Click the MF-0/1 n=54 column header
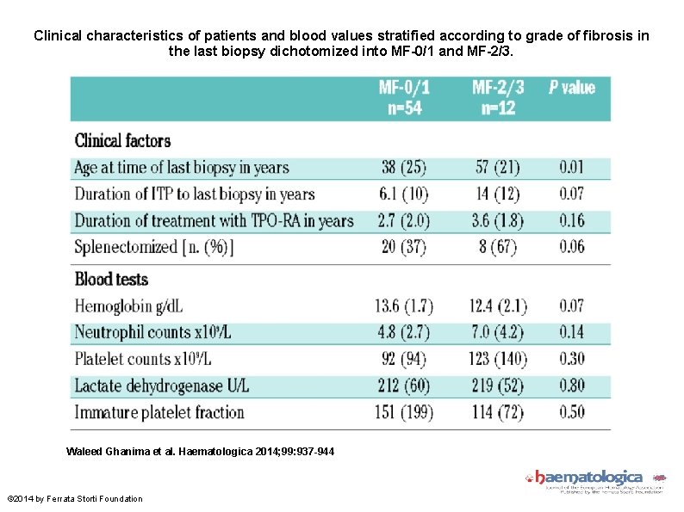point(404,97)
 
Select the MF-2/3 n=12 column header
point(498,97)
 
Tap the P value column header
point(572,88)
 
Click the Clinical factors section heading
point(122,140)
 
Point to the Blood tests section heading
point(111,279)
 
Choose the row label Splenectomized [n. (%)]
point(153,247)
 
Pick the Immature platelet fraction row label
point(159,412)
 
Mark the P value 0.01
point(571,168)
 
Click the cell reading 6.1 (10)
point(403,194)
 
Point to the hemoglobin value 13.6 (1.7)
point(403,305)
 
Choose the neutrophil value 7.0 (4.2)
point(498,332)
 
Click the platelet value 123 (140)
point(498,359)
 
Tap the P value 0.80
point(571,386)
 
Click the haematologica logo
point(594,479)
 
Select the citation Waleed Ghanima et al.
point(201,452)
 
